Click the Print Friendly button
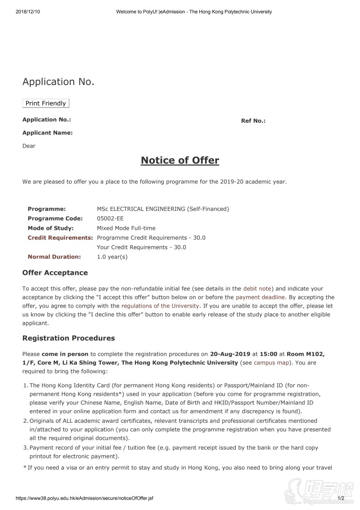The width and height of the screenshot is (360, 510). pyautogui.click(x=46, y=103)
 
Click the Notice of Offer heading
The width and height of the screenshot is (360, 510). pyautogui.click(x=180, y=161)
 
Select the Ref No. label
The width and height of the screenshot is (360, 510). pyautogui.click(x=253, y=121)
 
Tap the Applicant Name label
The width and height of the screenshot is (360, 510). pyautogui.click(x=47, y=133)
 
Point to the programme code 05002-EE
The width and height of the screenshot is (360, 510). pyautogui.click(x=110, y=219)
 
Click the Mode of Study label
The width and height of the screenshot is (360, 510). pyautogui.click(x=50, y=228)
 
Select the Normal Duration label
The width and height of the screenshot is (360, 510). pyautogui.click(x=54, y=257)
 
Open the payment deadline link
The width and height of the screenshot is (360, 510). pyautogui.click(x=260, y=297)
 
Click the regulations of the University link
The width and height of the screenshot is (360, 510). pyautogui.click(x=160, y=306)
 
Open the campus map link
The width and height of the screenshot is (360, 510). pyautogui.click(x=272, y=362)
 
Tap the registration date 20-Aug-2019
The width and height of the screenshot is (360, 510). pyautogui.click(x=230, y=354)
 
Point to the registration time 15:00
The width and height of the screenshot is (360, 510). pyautogui.click(x=268, y=354)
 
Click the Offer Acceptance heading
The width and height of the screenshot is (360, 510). pyautogui.click(x=55, y=273)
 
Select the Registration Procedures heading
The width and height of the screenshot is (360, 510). pyautogui.click(x=68, y=338)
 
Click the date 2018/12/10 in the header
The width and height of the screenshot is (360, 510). pyautogui.click(x=27, y=12)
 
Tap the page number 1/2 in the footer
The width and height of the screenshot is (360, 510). pyautogui.click(x=341, y=498)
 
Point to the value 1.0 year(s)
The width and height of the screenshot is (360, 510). pyautogui.click(x=112, y=257)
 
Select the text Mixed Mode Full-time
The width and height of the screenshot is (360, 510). pyautogui.click(x=126, y=228)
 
